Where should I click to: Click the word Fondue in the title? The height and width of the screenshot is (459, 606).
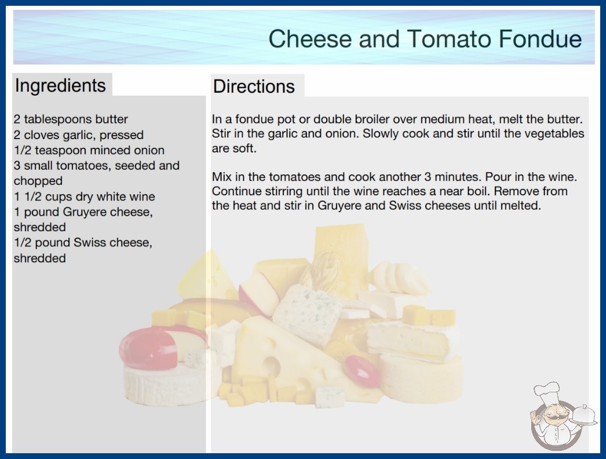pyautogui.click(x=540, y=39)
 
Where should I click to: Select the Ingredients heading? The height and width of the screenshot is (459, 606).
pyautogui.click(x=60, y=85)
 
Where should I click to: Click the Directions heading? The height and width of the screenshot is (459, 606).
pyautogui.click(x=254, y=86)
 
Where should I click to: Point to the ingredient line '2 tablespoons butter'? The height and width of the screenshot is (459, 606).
pyautogui.click(x=71, y=119)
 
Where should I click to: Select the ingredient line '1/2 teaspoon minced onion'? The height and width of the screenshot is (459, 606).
pyautogui.click(x=89, y=150)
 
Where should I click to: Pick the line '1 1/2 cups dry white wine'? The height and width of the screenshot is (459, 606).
pyautogui.click(x=84, y=196)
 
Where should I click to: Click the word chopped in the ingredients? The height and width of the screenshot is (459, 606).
pyautogui.click(x=38, y=181)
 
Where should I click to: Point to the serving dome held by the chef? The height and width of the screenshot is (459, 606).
pyautogui.click(x=584, y=416)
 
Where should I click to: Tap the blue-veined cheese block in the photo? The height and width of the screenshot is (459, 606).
pyautogui.click(x=307, y=314)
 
